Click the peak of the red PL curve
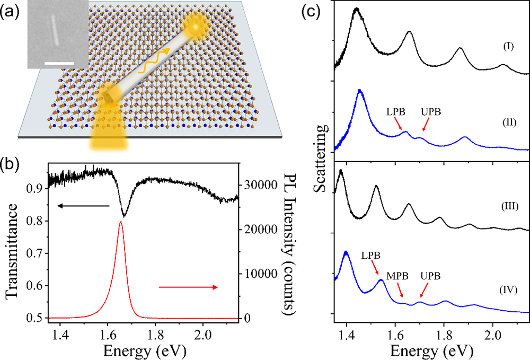pos(120,222)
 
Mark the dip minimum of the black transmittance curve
pos(124,216)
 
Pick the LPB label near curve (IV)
pos(372,254)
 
